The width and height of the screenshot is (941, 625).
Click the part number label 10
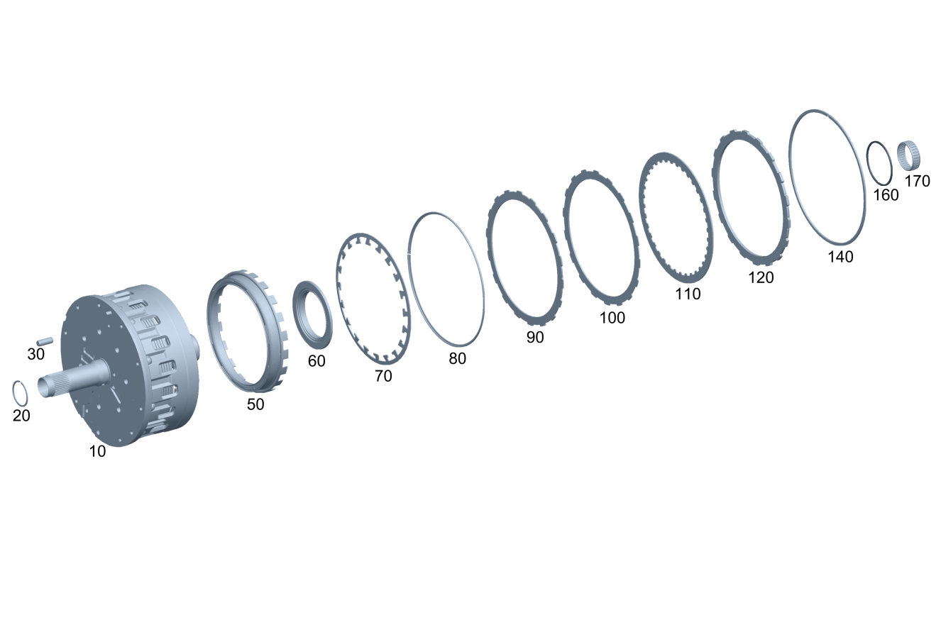click(x=97, y=451)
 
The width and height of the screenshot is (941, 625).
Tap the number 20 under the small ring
click(x=21, y=416)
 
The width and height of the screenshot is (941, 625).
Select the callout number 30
click(x=35, y=354)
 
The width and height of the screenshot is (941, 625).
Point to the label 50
click(x=255, y=404)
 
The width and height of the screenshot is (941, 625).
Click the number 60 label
click(x=317, y=361)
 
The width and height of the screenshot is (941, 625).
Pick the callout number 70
click(x=383, y=376)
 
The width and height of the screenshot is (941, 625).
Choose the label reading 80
click(x=458, y=359)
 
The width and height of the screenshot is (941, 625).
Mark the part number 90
click(x=535, y=337)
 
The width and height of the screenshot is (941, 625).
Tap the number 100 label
click(x=612, y=318)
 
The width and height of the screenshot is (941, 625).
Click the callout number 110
click(x=688, y=294)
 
